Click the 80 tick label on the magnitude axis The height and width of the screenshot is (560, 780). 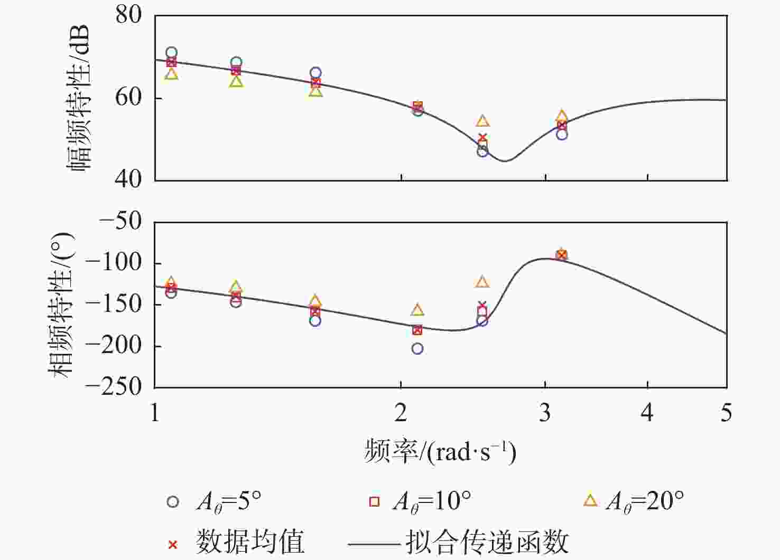click(128, 15)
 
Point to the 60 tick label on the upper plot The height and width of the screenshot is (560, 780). click(128, 98)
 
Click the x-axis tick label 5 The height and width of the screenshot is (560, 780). click(726, 413)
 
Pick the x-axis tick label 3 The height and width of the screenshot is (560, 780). click(545, 413)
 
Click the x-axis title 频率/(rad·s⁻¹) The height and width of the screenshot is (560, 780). click(440, 452)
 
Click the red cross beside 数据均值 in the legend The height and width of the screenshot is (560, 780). click(173, 544)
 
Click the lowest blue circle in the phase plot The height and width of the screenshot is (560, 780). click(417, 348)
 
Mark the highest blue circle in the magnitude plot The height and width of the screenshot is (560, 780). click(171, 53)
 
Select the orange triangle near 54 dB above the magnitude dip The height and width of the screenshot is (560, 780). click(482, 121)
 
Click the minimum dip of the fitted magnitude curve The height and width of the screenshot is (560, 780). click(506, 160)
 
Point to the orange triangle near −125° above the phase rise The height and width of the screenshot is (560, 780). click(482, 282)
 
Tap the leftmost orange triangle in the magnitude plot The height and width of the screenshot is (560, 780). click(171, 74)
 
